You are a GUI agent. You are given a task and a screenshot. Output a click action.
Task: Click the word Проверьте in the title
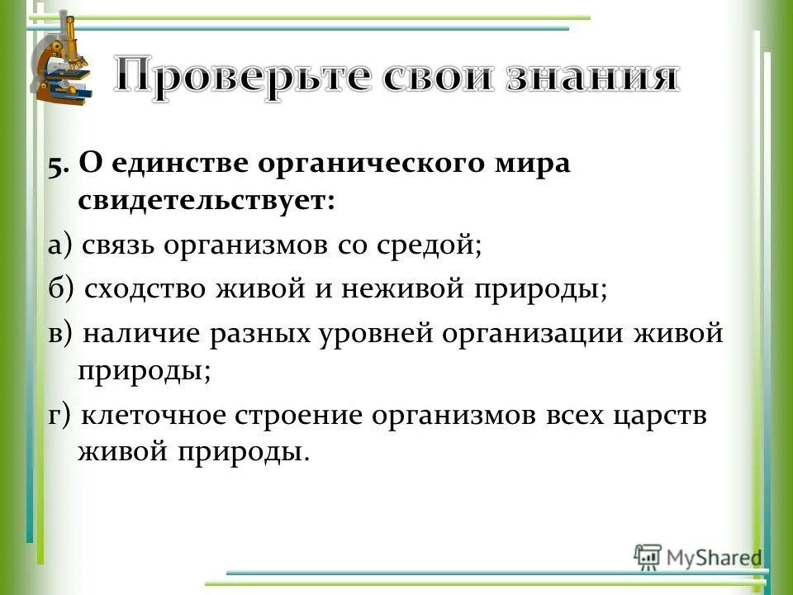[x=239, y=76]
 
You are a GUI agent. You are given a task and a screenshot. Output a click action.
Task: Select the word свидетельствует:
[x=207, y=202]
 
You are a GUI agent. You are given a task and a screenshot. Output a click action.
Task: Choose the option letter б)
[x=61, y=289]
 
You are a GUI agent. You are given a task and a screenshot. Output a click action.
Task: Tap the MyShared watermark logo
[x=698, y=555]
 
